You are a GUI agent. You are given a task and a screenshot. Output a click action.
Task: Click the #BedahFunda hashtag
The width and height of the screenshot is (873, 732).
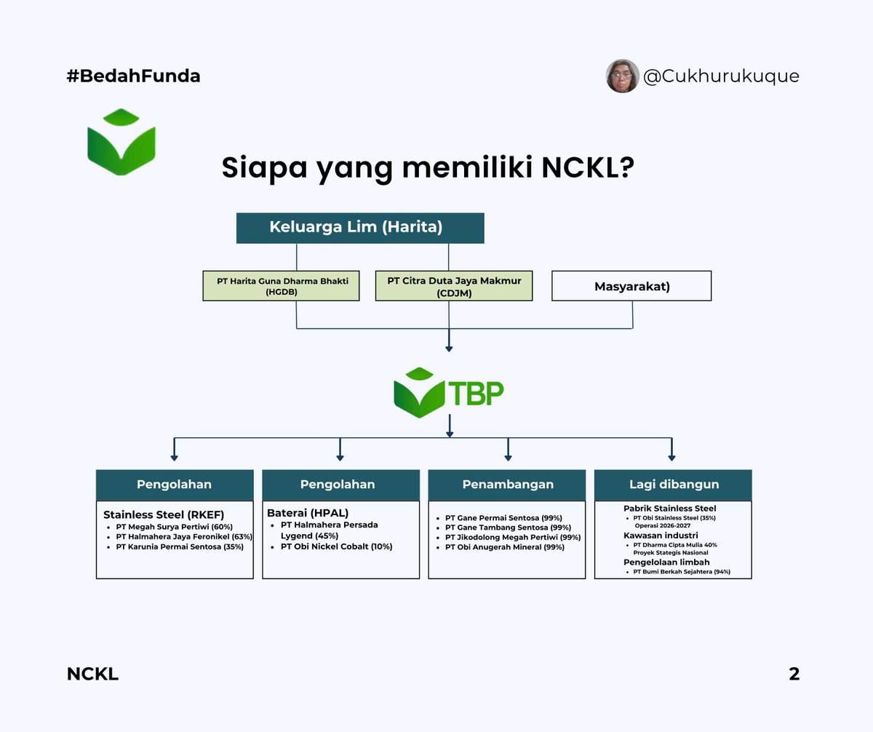(133, 76)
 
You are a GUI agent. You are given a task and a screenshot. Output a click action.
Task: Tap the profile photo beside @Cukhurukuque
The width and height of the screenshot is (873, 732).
(622, 76)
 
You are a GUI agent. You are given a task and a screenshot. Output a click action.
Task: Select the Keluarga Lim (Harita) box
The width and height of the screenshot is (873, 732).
(360, 227)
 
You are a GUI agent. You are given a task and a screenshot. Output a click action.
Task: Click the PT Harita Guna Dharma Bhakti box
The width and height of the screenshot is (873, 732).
(281, 285)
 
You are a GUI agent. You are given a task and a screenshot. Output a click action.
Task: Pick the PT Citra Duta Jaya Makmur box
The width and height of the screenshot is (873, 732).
(454, 285)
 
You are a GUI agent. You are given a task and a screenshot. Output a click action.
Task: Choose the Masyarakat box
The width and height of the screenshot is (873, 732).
(631, 286)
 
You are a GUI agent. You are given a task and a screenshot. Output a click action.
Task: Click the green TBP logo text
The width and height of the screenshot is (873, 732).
(477, 393)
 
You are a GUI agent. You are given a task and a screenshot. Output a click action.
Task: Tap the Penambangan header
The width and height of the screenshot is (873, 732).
(507, 485)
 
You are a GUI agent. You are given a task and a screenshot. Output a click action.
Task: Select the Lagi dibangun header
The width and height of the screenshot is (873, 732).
(673, 485)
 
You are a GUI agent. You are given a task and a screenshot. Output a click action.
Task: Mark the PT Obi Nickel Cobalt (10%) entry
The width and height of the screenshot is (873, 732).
(336, 546)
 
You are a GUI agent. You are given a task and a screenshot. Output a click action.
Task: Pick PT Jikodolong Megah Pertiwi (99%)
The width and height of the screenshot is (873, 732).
(512, 537)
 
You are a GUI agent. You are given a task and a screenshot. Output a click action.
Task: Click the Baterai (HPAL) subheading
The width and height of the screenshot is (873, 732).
(308, 513)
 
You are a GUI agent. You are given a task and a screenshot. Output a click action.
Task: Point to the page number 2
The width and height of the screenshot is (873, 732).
(794, 675)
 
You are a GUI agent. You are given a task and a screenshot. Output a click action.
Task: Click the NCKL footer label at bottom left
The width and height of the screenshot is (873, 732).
(92, 675)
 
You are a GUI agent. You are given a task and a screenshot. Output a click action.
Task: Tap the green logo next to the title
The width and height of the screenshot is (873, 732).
(121, 142)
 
